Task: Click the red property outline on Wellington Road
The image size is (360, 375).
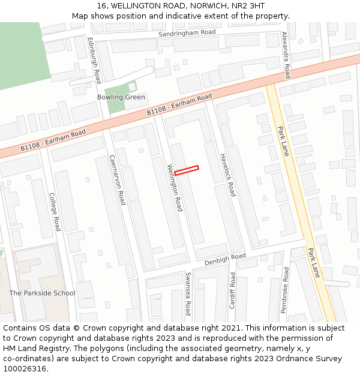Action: (186, 170)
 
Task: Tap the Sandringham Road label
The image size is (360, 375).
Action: (187, 34)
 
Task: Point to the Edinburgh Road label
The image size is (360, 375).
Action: (95, 60)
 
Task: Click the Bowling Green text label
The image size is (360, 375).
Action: (121, 97)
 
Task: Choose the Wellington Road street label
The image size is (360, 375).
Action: (175, 187)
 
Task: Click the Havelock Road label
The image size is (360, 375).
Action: (228, 174)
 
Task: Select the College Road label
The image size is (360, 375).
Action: (55, 212)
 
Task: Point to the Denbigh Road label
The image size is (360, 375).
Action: (225, 259)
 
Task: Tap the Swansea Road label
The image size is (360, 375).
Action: (188, 293)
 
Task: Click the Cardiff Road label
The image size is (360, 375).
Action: (232, 290)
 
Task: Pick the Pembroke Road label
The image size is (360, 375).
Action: (286, 290)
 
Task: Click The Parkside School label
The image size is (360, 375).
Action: (42, 293)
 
